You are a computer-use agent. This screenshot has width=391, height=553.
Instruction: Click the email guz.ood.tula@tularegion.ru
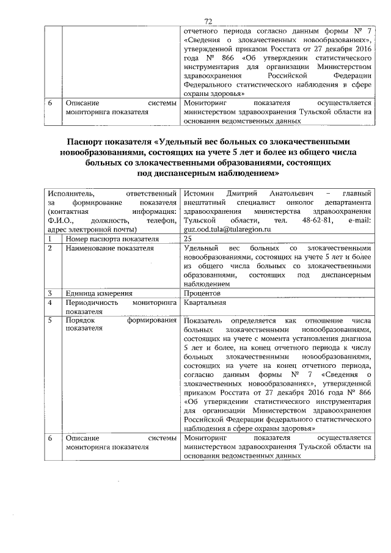pyautogui.click(x=227, y=229)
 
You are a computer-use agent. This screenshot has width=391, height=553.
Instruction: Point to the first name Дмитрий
pyautogui.click(x=235, y=194)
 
